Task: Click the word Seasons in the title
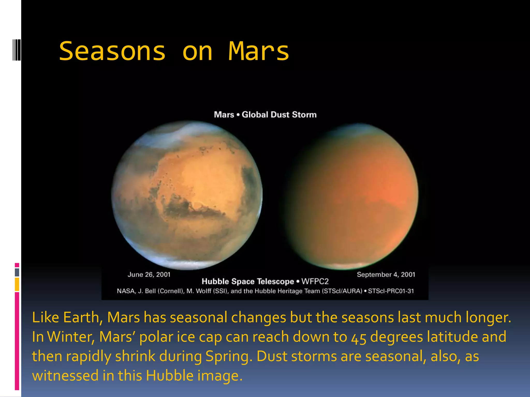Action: (112, 51)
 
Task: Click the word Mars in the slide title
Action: (258, 51)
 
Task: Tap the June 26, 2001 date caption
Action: (149, 274)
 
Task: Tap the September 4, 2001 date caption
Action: (386, 274)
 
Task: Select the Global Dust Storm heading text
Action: (279, 114)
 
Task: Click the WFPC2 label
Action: (315, 281)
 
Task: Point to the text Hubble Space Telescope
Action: (248, 281)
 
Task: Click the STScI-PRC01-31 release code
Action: (391, 291)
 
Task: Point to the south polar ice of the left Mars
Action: (186, 264)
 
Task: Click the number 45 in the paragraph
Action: (358, 338)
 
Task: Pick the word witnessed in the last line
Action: (65, 376)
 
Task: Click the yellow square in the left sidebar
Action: (17, 284)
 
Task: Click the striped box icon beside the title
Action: (17, 50)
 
